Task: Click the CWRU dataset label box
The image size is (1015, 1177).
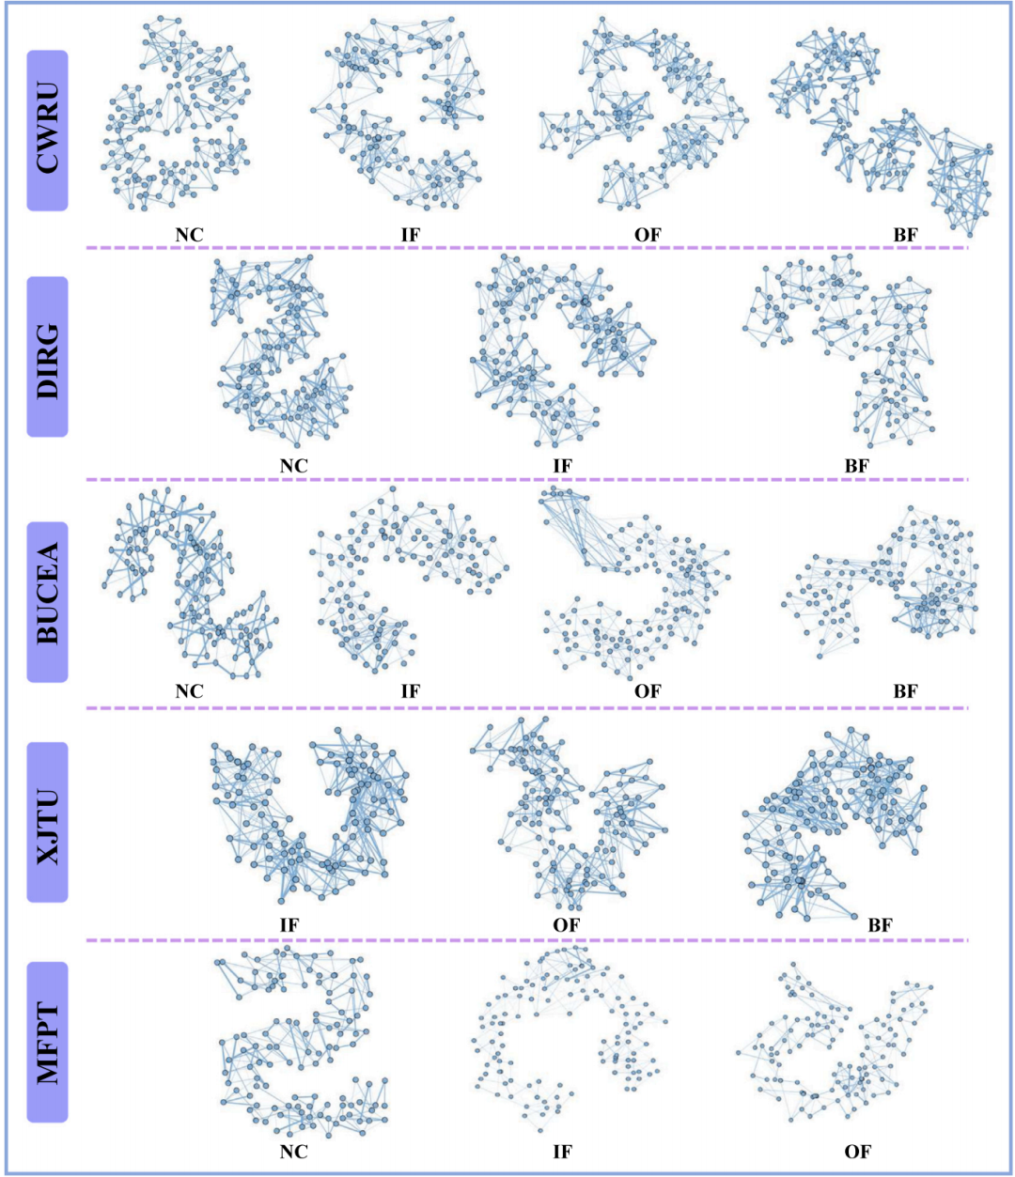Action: (x=47, y=131)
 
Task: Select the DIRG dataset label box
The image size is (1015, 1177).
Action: (x=47, y=357)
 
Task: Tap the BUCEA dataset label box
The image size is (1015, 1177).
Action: (x=47, y=602)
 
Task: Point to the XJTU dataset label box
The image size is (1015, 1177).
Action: (x=47, y=822)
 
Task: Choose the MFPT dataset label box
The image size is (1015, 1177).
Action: (x=47, y=1042)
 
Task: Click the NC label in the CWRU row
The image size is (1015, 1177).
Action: (x=189, y=235)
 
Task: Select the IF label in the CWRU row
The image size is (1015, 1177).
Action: (x=411, y=235)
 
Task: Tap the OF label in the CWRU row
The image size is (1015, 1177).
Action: (x=648, y=235)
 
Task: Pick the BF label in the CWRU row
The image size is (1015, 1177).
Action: (x=905, y=235)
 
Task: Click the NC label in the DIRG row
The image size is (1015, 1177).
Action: (x=293, y=466)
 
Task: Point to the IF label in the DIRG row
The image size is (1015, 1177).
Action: (x=562, y=466)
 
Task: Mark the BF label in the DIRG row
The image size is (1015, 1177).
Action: (x=857, y=466)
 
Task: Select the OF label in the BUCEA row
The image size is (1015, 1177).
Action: (x=648, y=691)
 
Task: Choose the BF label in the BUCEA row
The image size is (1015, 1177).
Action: (x=905, y=691)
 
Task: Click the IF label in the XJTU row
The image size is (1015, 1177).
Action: (x=289, y=925)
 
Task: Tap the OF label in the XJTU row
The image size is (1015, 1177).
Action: (x=566, y=925)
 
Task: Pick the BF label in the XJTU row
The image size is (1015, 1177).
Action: (x=881, y=925)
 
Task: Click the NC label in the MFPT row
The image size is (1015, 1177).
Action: (x=293, y=1152)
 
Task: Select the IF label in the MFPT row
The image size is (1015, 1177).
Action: (x=562, y=1152)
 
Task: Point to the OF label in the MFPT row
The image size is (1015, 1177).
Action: (x=857, y=1152)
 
